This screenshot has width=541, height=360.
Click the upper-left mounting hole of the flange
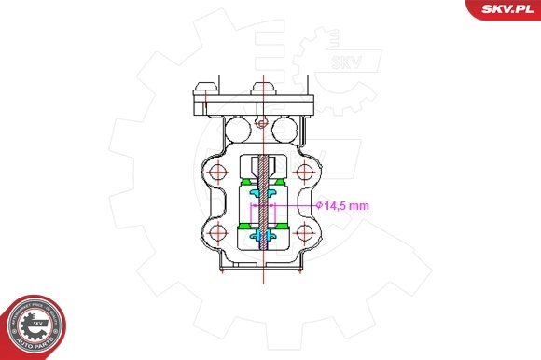coord(218,173)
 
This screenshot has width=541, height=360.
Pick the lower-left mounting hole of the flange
coord(218,232)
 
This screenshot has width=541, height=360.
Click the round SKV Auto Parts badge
coord(35,325)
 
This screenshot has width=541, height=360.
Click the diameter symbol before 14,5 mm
coord(318,204)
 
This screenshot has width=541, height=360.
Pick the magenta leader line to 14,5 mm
coord(297,204)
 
